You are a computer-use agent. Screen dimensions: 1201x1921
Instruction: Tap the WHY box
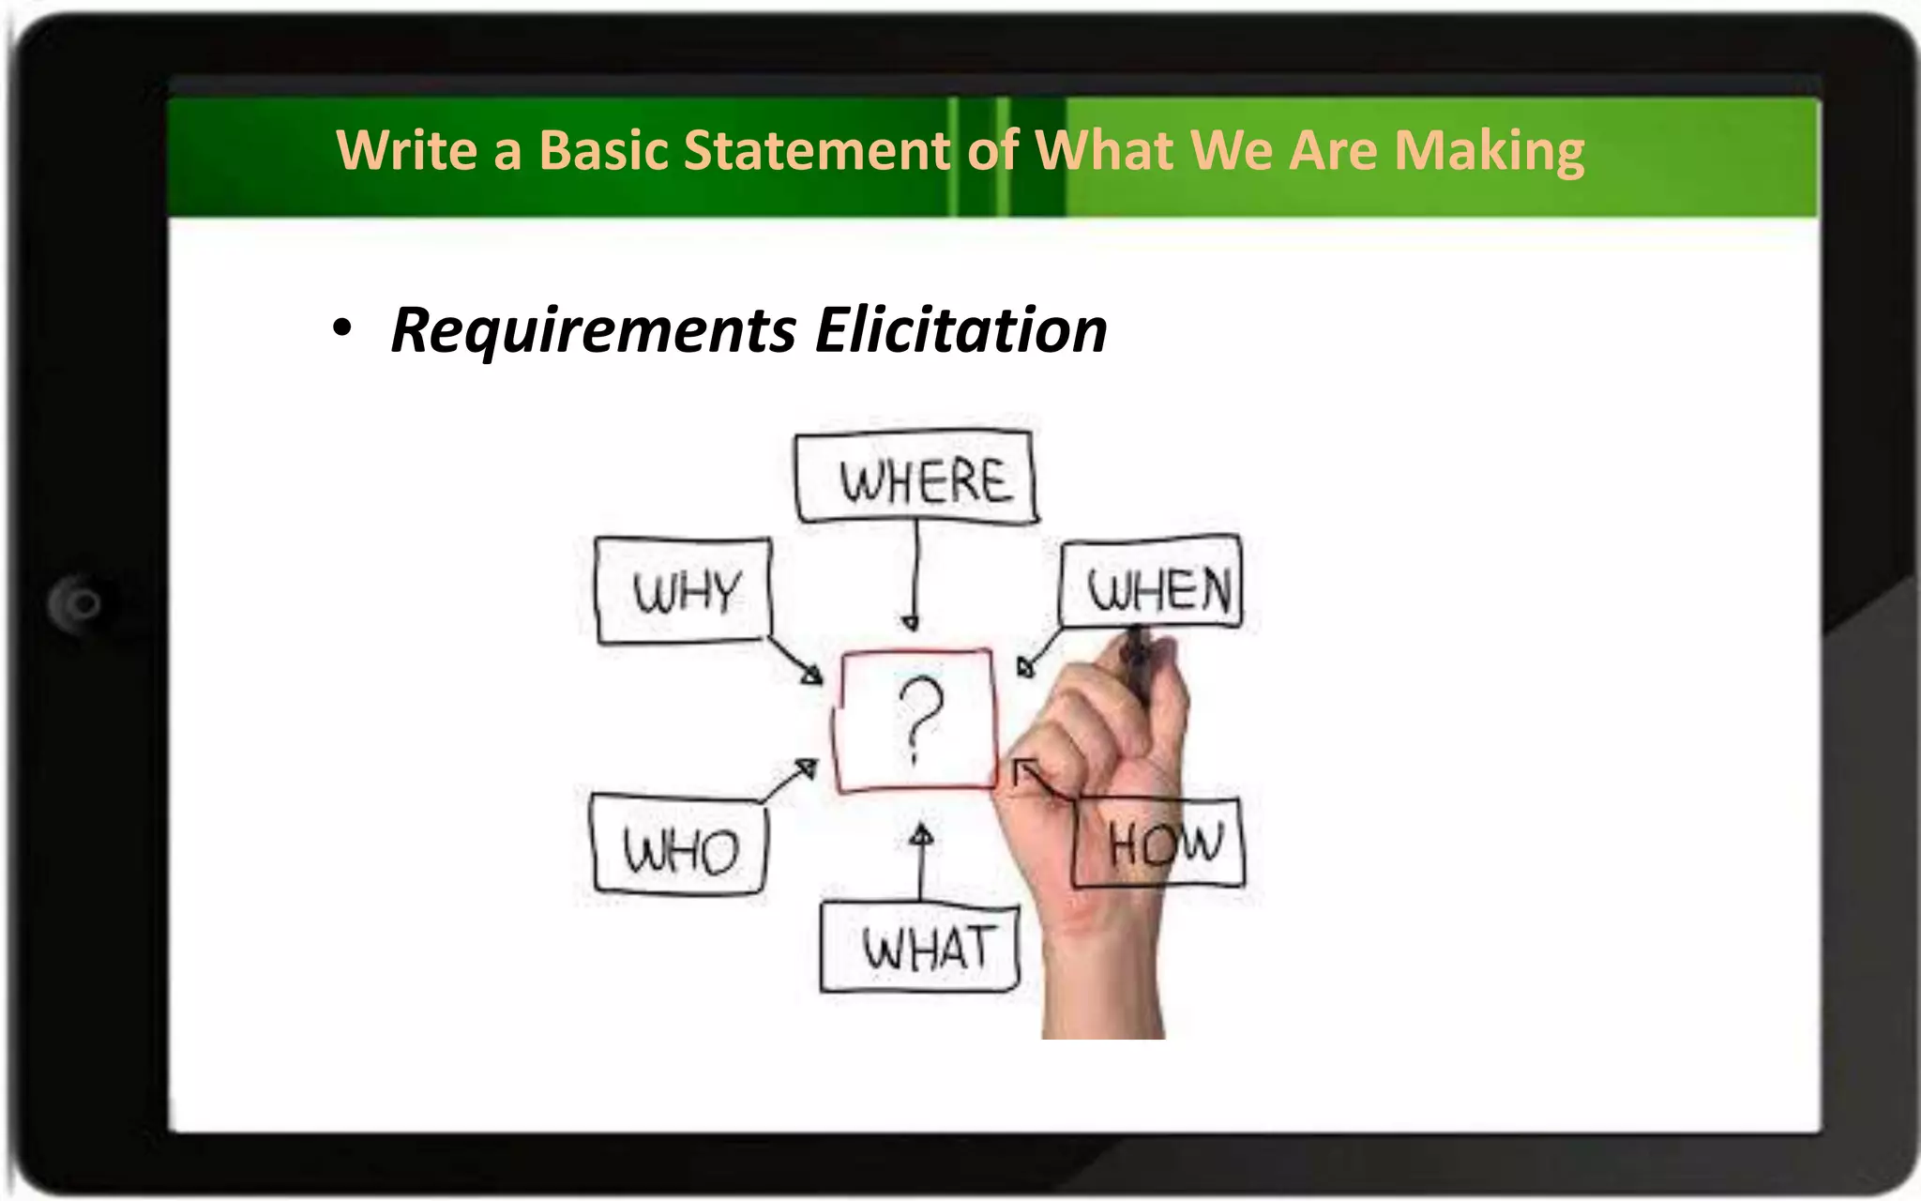pyautogui.click(x=683, y=591)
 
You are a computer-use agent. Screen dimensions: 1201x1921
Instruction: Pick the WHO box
pyautogui.click(x=679, y=845)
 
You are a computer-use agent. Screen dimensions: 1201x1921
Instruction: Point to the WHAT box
pyautogui.click(x=920, y=947)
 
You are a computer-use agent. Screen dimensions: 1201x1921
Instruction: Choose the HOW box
pyautogui.click(x=1160, y=843)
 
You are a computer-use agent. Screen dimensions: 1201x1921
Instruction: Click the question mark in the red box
pyautogui.click(x=918, y=719)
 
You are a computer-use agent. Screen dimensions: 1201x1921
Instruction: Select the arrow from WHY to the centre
pyautogui.click(x=794, y=661)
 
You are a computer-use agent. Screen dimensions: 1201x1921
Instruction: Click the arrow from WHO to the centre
pyautogui.click(x=791, y=779)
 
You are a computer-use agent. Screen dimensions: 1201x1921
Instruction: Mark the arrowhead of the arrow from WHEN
pyautogui.click(x=1026, y=666)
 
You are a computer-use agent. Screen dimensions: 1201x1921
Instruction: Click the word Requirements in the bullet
pyautogui.click(x=593, y=330)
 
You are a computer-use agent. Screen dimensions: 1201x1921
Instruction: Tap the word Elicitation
pyautogui.click(x=961, y=330)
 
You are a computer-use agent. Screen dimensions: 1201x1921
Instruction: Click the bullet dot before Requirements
pyautogui.click(x=342, y=328)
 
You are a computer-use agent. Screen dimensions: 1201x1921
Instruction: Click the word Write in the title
pyautogui.click(x=406, y=150)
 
